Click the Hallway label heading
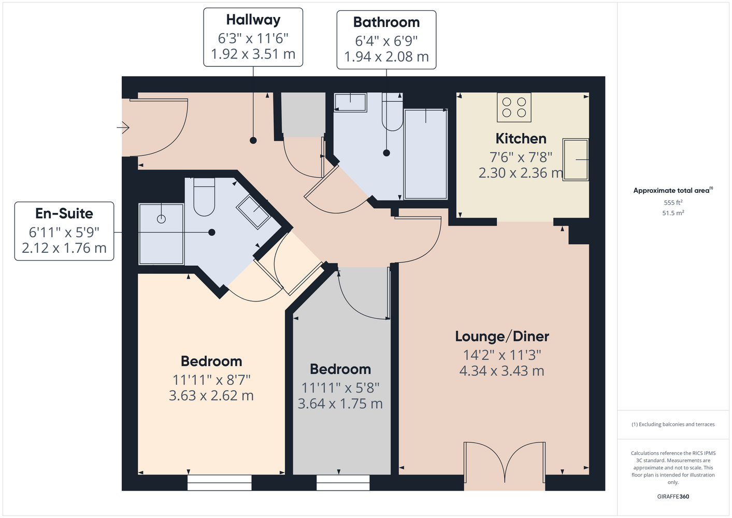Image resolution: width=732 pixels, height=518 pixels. click(x=253, y=20)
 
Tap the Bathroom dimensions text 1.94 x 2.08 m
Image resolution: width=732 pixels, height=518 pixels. click(x=386, y=56)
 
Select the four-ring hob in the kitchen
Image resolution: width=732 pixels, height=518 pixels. click(x=514, y=107)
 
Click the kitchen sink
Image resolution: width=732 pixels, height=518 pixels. click(x=576, y=160)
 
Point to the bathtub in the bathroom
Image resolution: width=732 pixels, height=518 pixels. click(x=426, y=154)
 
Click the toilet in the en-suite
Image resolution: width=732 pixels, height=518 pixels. click(x=204, y=197)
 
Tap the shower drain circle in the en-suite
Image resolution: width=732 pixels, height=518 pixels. click(x=161, y=219)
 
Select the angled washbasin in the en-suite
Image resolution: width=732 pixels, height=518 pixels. click(x=253, y=212)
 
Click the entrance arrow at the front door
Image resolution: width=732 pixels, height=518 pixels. click(x=123, y=127)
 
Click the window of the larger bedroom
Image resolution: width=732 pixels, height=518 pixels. click(x=220, y=482)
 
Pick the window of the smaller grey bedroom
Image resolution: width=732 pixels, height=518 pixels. click(x=343, y=482)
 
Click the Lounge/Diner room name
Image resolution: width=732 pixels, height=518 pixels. click(x=502, y=337)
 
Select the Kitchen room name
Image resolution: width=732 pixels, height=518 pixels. click(x=521, y=139)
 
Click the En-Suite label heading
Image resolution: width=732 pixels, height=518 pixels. click(x=64, y=213)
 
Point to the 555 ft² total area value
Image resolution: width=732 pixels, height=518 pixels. click(x=673, y=203)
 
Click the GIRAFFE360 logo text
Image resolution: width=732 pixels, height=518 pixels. click(x=673, y=496)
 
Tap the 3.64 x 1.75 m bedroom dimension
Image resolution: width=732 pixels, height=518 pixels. click(x=340, y=404)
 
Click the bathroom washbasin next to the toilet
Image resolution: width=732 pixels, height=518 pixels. click(x=350, y=102)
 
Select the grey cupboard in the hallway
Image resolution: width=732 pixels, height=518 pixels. click(x=303, y=114)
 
